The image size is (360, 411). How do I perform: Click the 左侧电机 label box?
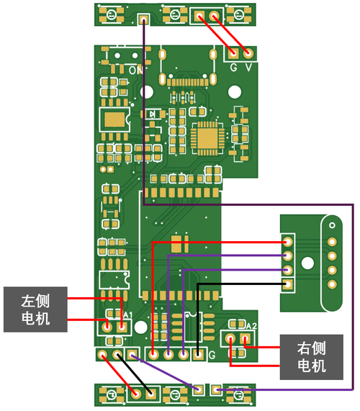coord(36,309)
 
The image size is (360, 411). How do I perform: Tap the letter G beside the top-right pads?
coord(234,68)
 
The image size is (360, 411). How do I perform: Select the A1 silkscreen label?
coord(127,316)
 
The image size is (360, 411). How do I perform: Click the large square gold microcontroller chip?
coord(209,137)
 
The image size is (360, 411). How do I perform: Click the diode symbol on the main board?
coord(153,114)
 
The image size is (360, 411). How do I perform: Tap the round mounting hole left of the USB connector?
coord(147,92)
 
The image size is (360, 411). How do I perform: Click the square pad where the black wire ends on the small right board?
coord(287,284)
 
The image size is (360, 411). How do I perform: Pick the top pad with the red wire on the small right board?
coord(287,242)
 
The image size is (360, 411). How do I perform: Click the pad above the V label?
coord(249,53)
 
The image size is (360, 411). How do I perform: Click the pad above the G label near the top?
coord(233,53)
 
